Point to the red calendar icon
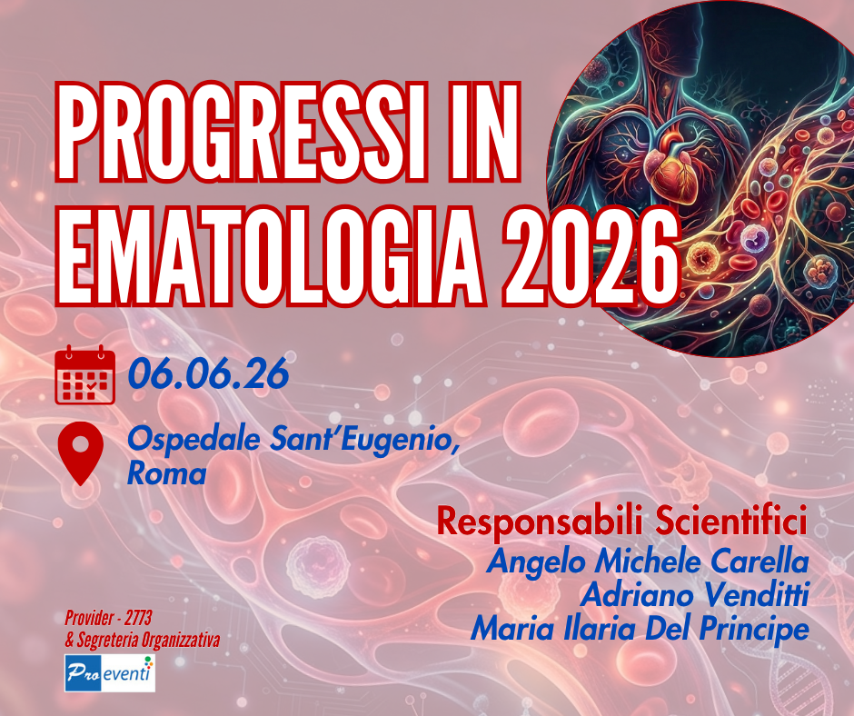84,374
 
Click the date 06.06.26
208,373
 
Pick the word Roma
167,473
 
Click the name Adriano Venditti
694,594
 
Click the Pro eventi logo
110,675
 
